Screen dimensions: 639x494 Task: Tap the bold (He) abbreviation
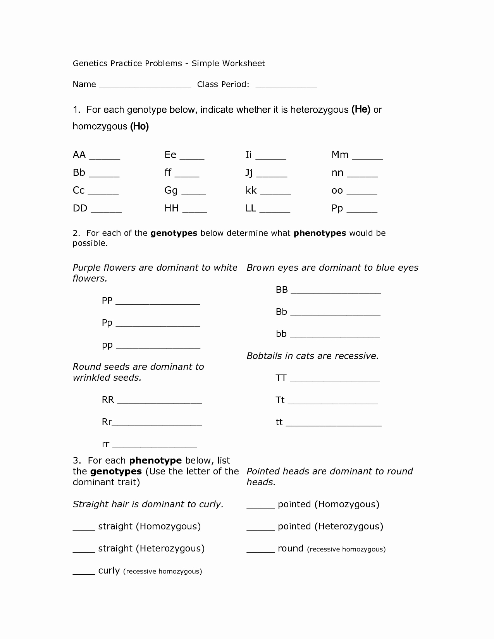(x=361, y=110)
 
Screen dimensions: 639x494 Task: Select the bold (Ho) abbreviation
(x=139, y=126)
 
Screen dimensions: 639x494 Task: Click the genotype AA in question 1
(x=79, y=155)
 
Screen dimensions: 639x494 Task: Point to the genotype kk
(x=251, y=191)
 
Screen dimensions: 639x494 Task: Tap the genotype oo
(x=337, y=191)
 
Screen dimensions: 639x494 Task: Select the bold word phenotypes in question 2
(x=320, y=233)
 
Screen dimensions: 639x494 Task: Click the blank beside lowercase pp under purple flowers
(x=158, y=347)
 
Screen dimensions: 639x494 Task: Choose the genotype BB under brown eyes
(x=282, y=290)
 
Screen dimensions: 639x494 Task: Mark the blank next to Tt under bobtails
(x=332, y=403)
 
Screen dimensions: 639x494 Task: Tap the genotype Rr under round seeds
(x=107, y=422)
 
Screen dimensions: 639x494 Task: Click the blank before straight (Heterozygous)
(x=84, y=551)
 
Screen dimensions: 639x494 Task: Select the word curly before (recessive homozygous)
(x=109, y=570)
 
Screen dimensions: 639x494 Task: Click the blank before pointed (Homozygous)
(x=260, y=507)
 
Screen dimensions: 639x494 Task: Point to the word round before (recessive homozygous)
(x=290, y=548)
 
